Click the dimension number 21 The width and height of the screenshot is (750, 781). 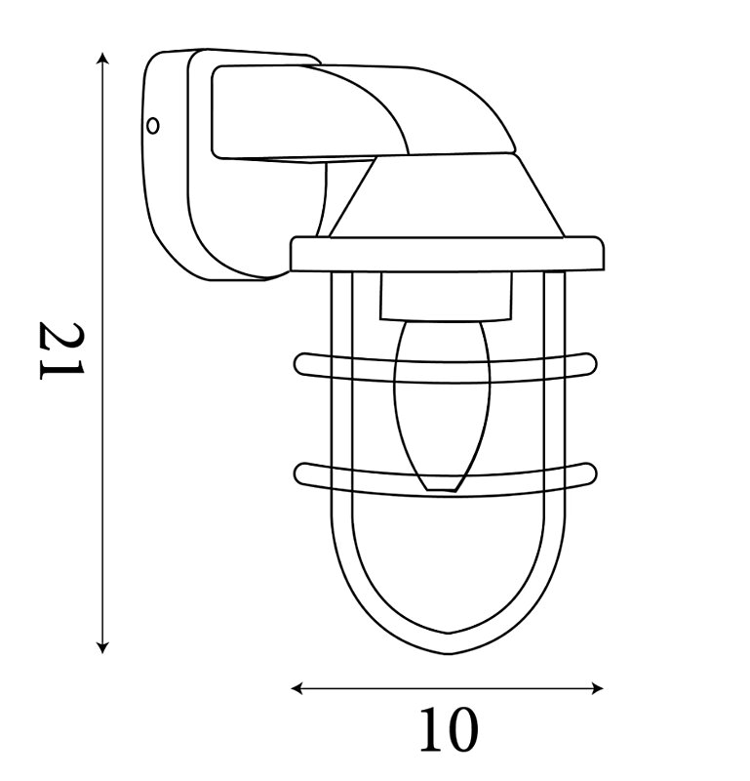[62, 350]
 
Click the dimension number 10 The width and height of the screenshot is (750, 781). [449, 730]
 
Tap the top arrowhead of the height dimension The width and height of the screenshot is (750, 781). [102, 58]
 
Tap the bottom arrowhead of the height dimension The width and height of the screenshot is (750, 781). [102, 647]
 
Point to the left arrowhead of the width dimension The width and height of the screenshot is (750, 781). [297, 689]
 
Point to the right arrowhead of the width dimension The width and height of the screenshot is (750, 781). [597, 689]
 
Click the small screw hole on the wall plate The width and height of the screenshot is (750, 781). [153, 126]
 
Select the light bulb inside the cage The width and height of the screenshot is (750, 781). [442, 406]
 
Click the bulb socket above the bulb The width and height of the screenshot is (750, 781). [447, 296]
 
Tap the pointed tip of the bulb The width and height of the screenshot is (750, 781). [442, 491]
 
